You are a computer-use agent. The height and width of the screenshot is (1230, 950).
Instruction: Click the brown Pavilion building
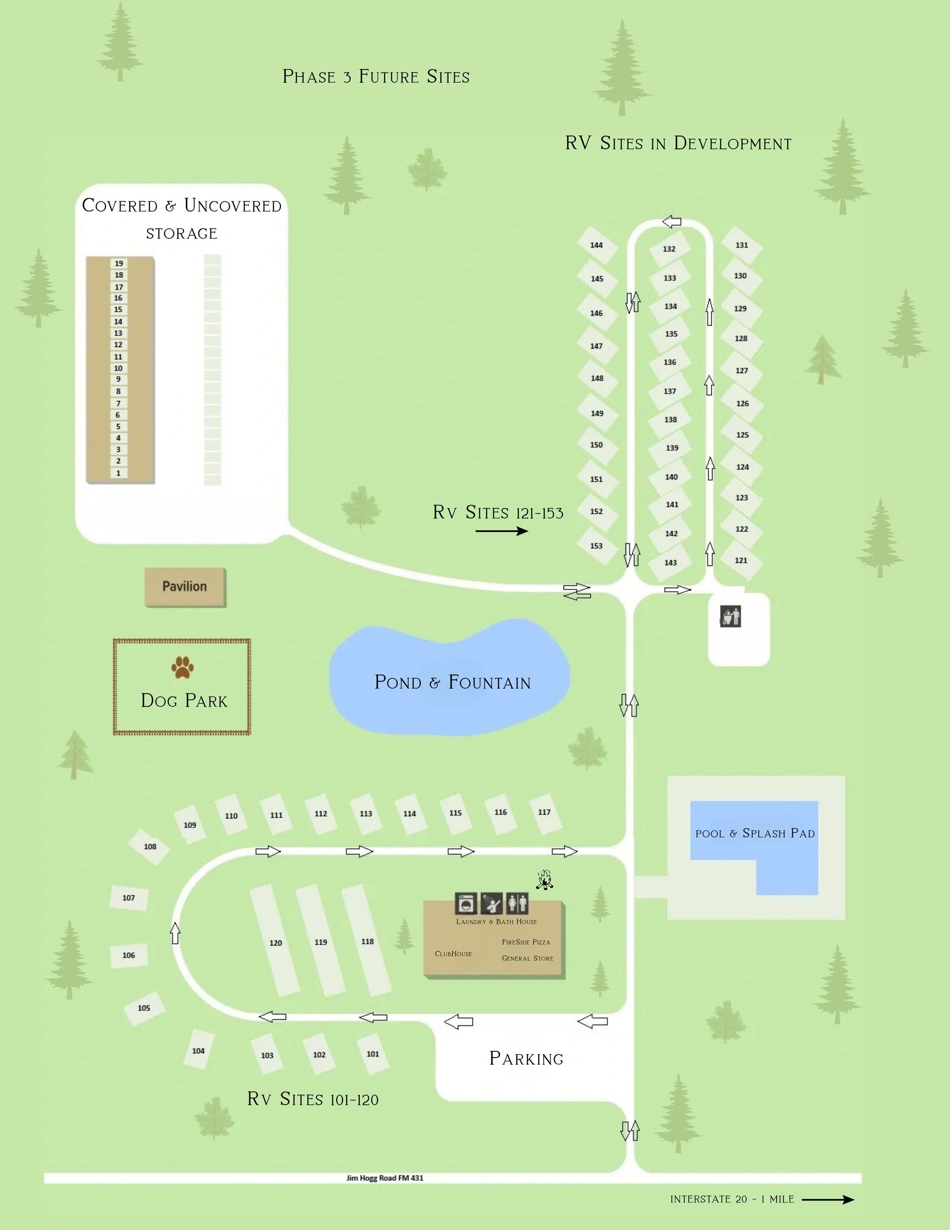point(185,587)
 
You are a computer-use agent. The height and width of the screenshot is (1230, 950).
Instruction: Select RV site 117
point(545,812)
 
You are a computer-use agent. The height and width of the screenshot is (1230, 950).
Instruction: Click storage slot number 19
point(119,263)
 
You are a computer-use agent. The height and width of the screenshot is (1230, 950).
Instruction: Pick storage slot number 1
point(118,473)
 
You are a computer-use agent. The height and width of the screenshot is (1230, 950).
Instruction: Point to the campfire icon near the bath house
point(544,880)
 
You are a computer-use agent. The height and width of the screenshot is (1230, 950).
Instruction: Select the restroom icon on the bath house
point(517,903)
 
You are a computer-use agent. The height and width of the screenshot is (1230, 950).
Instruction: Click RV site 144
point(597,246)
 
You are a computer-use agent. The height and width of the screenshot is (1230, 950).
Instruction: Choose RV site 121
point(741,560)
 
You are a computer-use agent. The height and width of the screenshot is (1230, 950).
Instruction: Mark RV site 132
point(669,249)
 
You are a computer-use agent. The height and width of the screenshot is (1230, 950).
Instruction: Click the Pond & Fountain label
point(453,683)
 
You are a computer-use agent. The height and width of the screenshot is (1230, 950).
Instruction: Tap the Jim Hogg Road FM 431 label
point(385,1178)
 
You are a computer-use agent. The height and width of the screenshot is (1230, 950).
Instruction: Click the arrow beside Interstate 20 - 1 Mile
point(828,1200)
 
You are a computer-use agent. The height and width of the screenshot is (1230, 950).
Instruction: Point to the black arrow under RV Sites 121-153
point(502,530)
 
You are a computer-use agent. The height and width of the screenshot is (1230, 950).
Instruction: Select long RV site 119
point(321,942)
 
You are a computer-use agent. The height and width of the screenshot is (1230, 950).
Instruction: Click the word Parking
point(526,1059)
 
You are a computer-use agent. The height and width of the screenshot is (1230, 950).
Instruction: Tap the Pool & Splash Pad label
point(755,834)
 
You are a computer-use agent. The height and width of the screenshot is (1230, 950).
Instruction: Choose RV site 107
point(129,898)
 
